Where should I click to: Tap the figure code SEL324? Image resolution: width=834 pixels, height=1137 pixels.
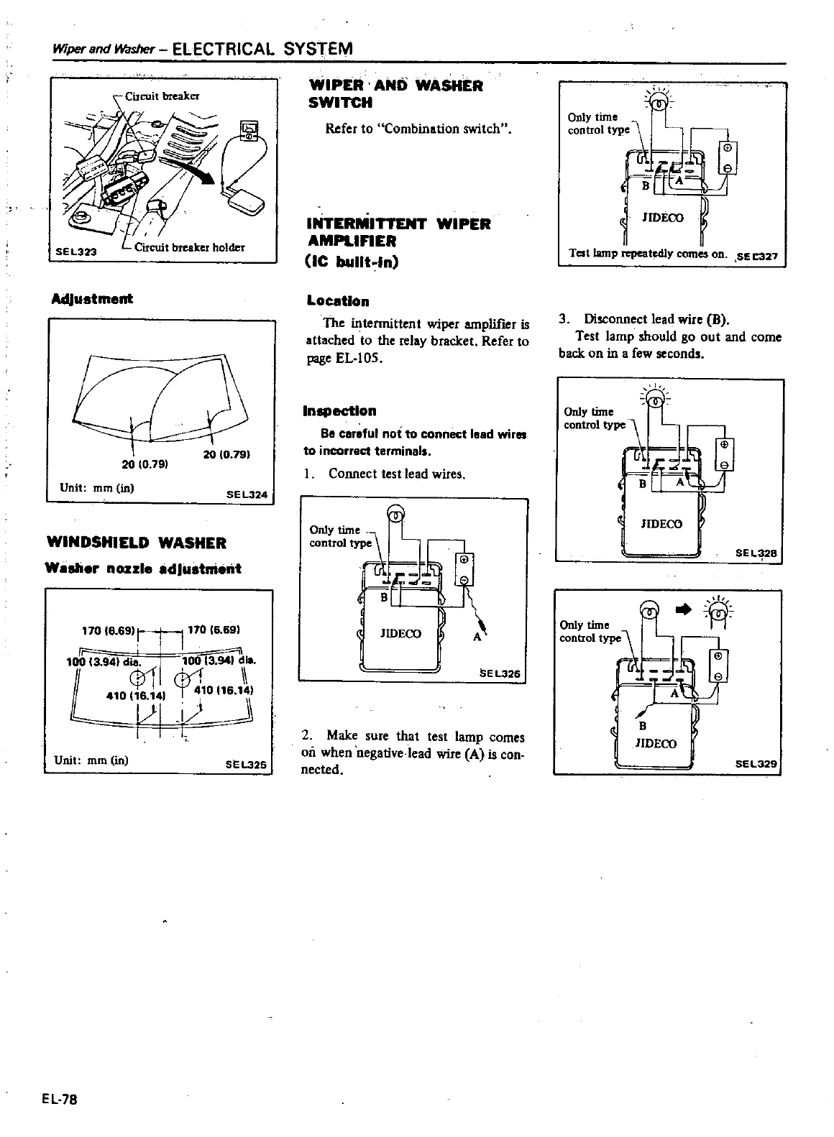pos(247,494)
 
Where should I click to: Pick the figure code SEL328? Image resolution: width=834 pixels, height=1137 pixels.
pos(756,553)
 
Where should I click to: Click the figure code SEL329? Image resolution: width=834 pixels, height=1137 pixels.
pos(756,764)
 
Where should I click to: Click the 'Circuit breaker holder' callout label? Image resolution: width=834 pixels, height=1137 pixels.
pos(189,247)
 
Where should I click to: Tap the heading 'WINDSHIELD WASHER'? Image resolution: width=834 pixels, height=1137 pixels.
pos(135,543)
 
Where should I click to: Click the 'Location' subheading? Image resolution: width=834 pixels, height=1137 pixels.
pos(337,300)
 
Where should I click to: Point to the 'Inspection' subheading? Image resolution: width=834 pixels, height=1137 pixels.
pos(340,411)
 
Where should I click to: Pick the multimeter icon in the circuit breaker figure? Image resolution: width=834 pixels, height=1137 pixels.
pos(249,132)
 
